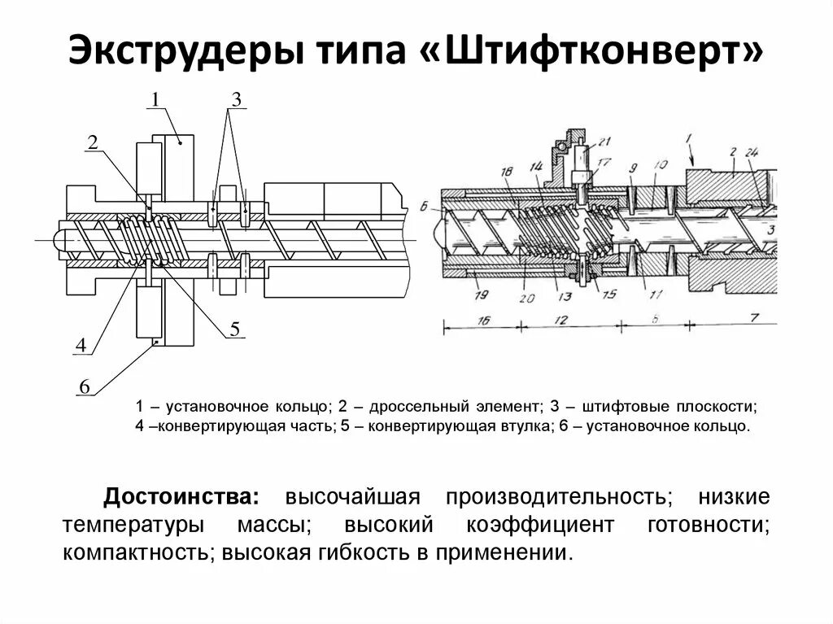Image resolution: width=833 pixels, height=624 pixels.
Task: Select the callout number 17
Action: click(603, 162)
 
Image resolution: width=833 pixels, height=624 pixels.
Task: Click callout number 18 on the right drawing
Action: click(507, 172)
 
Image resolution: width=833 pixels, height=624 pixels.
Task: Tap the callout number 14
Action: click(535, 167)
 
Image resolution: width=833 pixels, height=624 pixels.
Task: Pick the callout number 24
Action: click(752, 152)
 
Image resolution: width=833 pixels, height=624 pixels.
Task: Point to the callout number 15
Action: click(606, 295)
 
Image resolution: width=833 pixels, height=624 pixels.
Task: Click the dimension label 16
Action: click(482, 321)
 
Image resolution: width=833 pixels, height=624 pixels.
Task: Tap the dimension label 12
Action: click(560, 321)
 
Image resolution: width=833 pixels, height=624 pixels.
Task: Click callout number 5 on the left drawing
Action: click(234, 329)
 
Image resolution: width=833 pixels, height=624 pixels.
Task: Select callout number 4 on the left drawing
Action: click(81, 346)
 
